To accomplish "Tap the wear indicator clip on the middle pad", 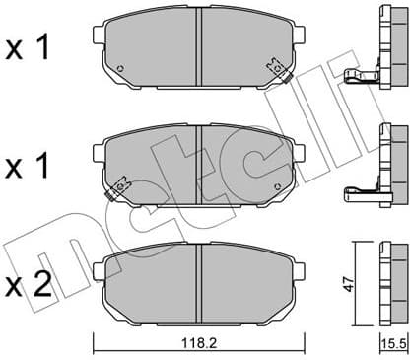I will pyautogui.click(x=121, y=183).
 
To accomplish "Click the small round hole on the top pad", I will pyautogui.click(x=120, y=69).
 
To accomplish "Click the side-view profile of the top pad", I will pyautogui.click(x=389, y=44).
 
